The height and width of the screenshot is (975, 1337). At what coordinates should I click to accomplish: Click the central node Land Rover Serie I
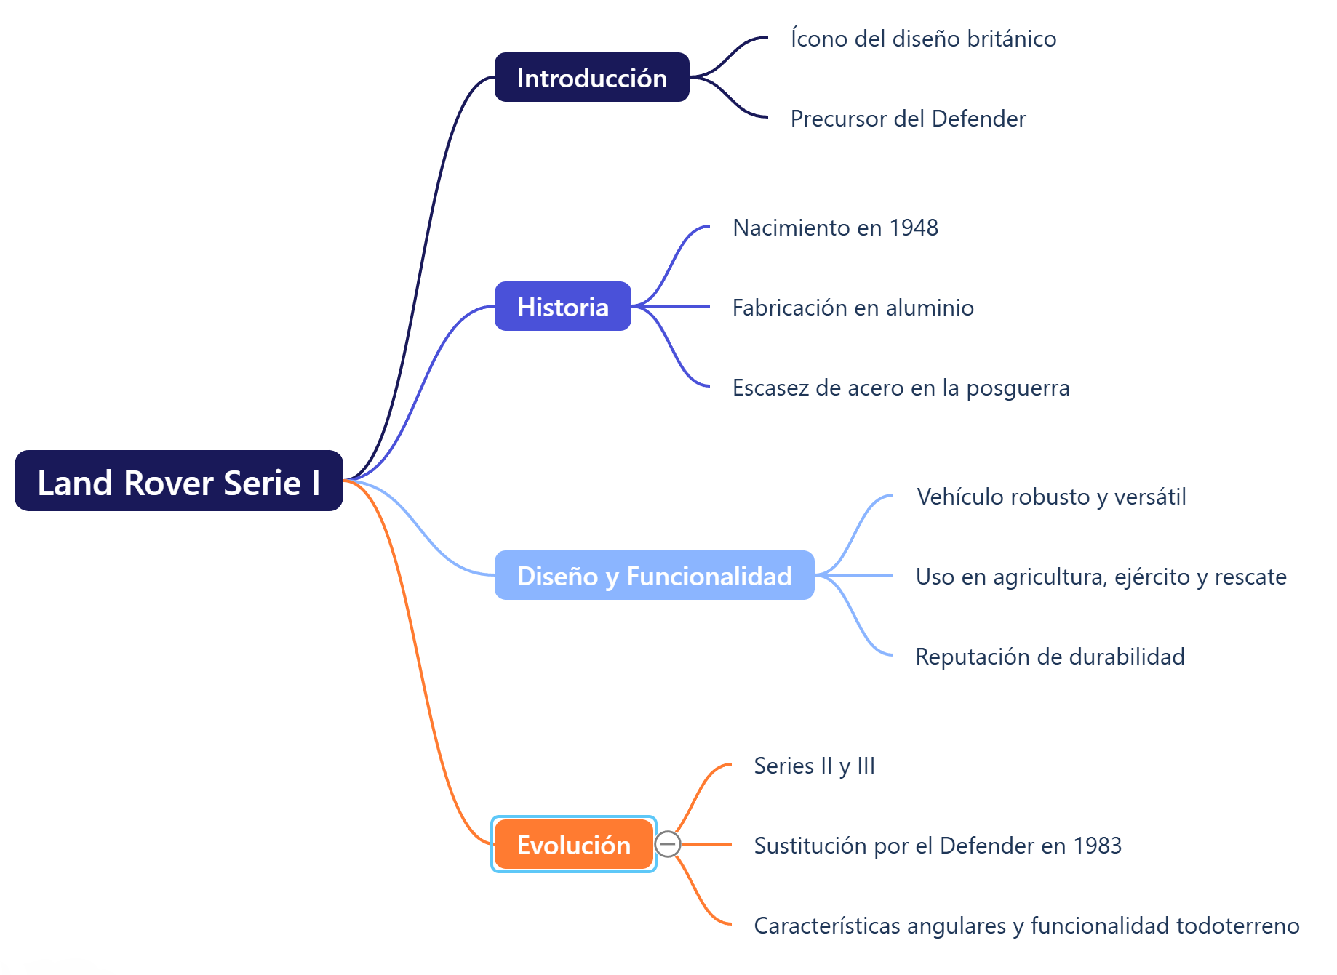point(178,481)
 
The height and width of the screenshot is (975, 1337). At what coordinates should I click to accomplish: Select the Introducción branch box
point(591,78)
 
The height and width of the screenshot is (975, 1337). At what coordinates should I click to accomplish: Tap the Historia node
point(562,307)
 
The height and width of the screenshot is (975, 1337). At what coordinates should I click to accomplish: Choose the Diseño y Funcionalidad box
point(654,576)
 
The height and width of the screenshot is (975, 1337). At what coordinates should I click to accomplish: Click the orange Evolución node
point(573,845)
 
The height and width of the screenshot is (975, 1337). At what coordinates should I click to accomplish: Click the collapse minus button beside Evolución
point(668,844)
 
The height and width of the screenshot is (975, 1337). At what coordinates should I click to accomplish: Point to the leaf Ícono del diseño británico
point(923,39)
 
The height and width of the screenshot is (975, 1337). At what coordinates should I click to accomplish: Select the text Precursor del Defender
point(908,119)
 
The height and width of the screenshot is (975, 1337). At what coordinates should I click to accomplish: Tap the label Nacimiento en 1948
point(835,228)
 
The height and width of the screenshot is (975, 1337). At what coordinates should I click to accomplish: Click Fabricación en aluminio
point(853,308)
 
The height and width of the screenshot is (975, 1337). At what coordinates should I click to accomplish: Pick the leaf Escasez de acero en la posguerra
point(901,388)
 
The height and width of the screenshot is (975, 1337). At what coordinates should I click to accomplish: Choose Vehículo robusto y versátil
point(1051,497)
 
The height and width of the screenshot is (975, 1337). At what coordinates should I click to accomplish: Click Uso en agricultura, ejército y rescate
point(1101,577)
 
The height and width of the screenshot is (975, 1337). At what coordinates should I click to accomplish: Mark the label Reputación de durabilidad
point(1050,657)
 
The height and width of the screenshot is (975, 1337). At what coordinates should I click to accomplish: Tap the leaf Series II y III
point(814,766)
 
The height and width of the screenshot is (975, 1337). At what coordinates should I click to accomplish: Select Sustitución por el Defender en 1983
point(938,846)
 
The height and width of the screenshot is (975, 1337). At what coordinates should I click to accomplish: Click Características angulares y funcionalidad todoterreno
point(1026,926)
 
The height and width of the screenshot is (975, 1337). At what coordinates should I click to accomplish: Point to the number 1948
point(914,228)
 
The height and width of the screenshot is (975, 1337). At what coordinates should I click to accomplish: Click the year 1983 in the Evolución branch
point(1098,846)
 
